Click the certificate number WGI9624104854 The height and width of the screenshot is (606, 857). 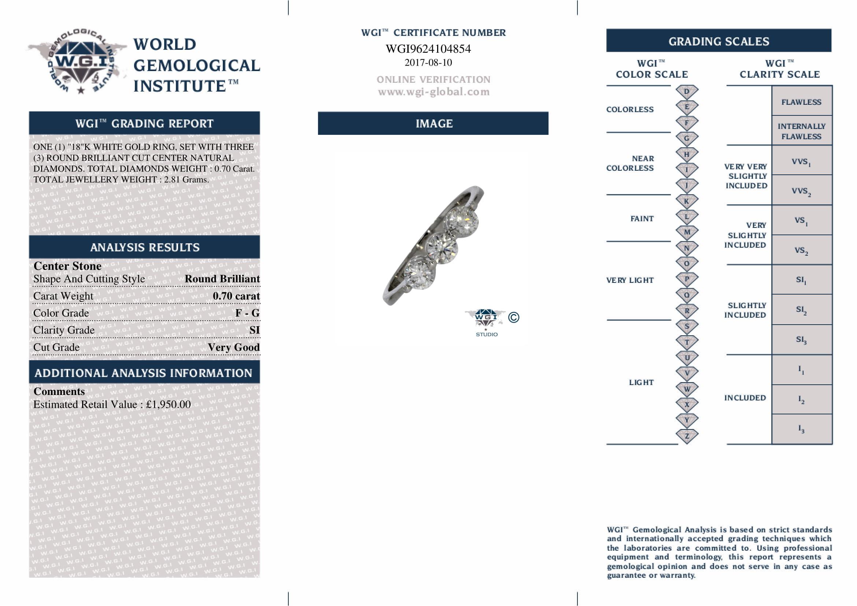coord(428,49)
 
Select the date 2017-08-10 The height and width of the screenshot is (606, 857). coord(428,62)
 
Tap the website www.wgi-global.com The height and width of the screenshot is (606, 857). coord(433,92)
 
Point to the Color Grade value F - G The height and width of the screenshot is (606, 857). coord(247,313)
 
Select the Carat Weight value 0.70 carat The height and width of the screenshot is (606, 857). coord(236,296)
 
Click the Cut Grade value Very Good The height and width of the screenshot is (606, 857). coord(234,347)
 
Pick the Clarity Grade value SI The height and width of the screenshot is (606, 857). coord(254,330)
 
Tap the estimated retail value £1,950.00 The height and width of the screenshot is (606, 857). coord(168,404)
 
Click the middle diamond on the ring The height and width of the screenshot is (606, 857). coord(442,247)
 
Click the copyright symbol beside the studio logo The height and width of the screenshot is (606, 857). coord(514,317)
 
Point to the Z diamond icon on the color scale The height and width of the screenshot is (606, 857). coord(687,436)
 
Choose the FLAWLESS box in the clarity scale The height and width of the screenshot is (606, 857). coord(801,102)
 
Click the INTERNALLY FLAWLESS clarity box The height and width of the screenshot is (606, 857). coord(801,132)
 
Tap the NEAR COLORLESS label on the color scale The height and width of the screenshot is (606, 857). coord(630,163)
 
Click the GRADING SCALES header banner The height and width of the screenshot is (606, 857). coord(719,41)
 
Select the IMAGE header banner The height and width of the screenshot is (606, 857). coord(433,123)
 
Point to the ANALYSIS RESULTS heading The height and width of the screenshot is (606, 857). coord(145,247)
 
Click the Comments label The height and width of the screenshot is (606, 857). coord(59,391)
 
